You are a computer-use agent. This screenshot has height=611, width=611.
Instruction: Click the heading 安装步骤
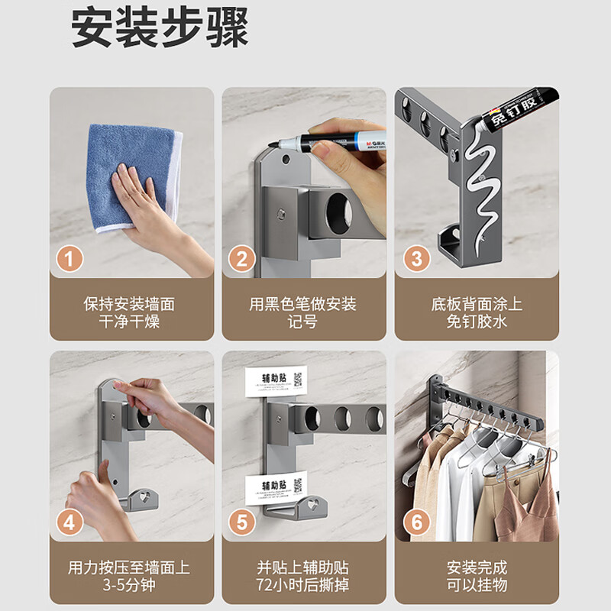(160, 29)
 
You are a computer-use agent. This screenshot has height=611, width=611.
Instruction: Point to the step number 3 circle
(415, 259)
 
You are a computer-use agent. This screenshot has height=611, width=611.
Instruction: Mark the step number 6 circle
(415, 523)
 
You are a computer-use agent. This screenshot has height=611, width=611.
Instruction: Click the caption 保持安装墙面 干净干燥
(130, 312)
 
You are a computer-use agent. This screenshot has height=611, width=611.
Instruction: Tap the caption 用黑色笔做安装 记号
(302, 312)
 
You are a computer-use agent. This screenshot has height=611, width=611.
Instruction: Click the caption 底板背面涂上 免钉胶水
(477, 312)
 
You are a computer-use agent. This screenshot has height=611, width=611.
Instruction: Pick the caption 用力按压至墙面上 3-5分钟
(130, 577)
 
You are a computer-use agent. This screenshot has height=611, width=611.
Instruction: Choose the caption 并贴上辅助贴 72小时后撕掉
(302, 577)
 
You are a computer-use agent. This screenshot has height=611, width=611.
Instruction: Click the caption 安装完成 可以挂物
(477, 577)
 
